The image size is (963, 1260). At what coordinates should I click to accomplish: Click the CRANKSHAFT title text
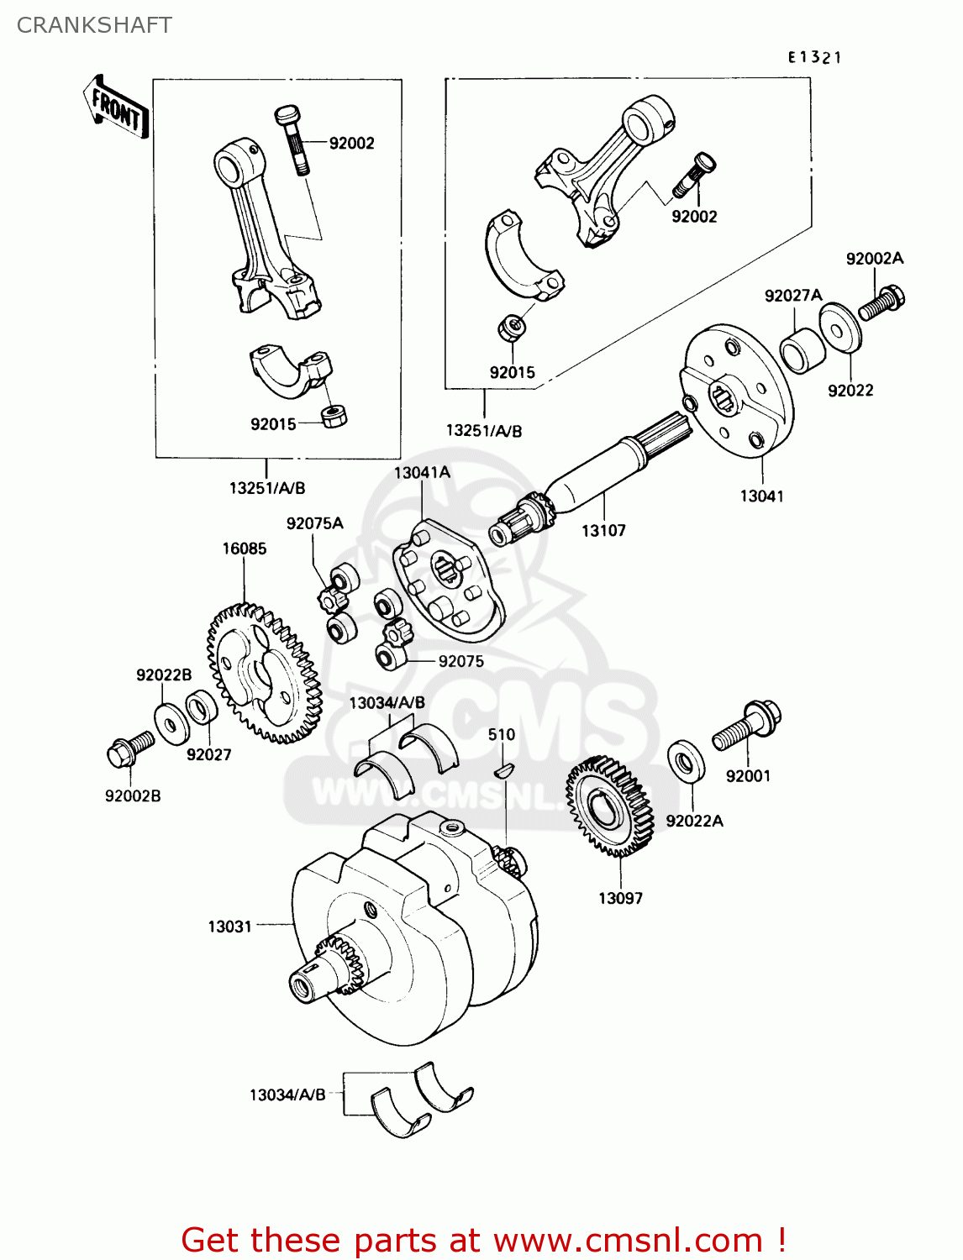tap(94, 25)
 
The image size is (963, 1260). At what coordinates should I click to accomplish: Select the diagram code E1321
tap(814, 57)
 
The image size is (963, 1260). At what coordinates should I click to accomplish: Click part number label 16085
tap(244, 549)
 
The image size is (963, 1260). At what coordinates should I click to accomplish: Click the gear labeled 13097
tap(609, 806)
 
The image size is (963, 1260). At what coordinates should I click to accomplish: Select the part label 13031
tap(229, 926)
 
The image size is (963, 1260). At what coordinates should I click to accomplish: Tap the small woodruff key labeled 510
tap(502, 769)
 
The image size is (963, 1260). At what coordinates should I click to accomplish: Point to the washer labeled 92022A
tap(686, 760)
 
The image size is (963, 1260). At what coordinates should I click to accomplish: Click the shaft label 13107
tap(603, 530)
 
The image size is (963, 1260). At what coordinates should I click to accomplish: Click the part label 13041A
tap(422, 472)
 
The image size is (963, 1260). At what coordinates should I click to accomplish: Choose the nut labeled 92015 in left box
tap(334, 416)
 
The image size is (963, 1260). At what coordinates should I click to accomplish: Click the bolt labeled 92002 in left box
tap(292, 138)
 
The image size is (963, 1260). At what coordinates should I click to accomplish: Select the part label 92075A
tap(314, 523)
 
